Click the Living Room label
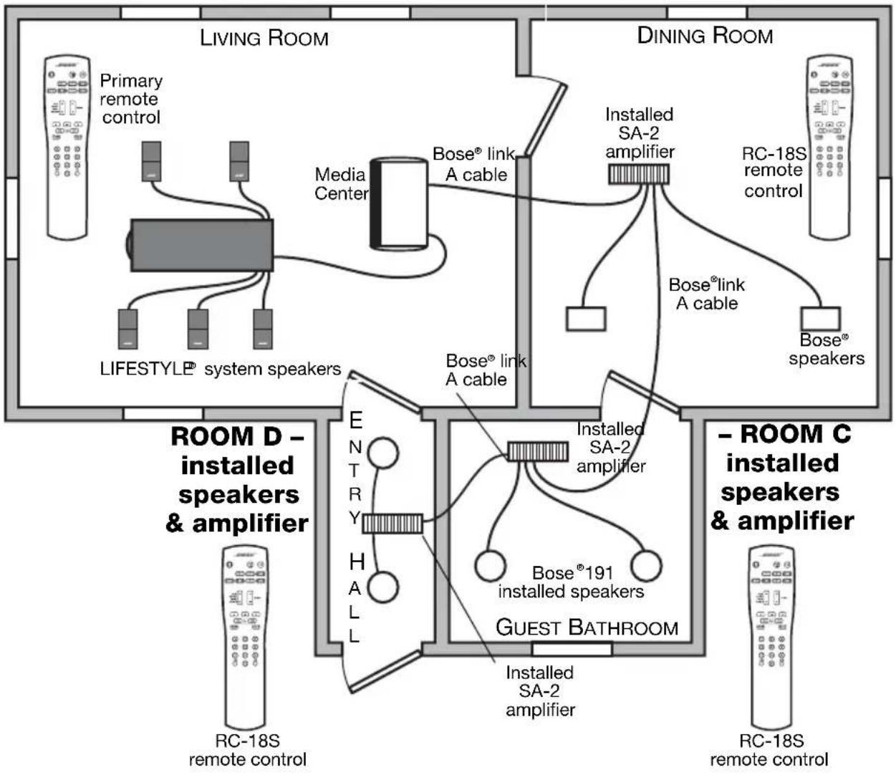pos(264,38)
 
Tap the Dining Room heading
pos(705,35)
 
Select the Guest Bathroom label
pos(587,627)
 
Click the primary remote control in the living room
pos(67,147)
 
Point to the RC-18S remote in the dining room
pos(829,147)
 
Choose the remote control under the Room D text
pos(246,637)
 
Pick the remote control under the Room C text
pos(771,637)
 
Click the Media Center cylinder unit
pos(399,203)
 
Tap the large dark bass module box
pos(201,246)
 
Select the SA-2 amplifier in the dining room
pos(638,174)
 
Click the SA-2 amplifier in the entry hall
pos(392,523)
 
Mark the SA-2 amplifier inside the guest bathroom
pos(537,451)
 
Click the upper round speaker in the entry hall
pos(383,452)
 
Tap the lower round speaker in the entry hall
pos(383,587)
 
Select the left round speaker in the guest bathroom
pos(491,566)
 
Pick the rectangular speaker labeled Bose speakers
pos(821,319)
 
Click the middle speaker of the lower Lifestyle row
pos(198,329)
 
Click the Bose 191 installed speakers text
pos(571,582)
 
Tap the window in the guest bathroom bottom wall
pos(572,649)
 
